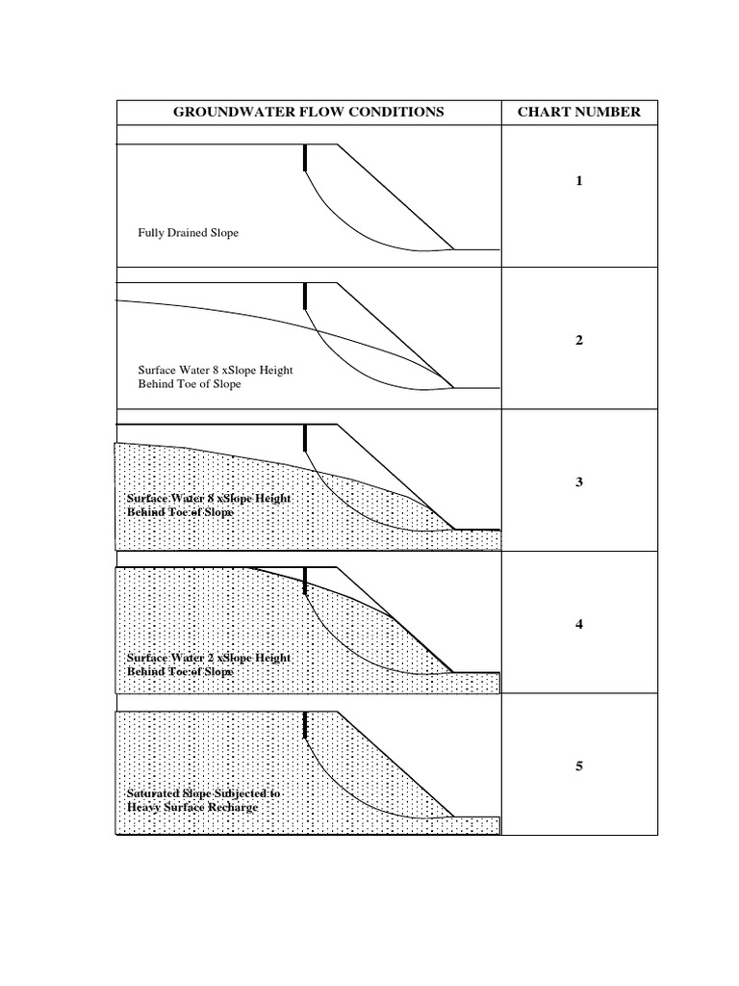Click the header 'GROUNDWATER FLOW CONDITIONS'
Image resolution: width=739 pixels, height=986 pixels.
[308, 112]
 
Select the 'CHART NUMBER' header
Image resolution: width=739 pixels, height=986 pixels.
[578, 112]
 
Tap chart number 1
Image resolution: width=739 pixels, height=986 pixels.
[579, 181]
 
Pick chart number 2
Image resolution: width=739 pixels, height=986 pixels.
[579, 340]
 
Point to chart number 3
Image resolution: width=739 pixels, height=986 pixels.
[579, 482]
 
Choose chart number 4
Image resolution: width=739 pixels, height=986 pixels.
[579, 624]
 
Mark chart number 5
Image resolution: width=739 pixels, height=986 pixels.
[579, 766]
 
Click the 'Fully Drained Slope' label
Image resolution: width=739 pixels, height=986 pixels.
[188, 233]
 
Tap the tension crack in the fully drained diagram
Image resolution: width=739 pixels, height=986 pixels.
[305, 158]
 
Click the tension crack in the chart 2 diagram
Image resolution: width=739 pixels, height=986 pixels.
[305, 296]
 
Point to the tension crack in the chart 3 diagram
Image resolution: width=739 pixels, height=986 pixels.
[305, 437]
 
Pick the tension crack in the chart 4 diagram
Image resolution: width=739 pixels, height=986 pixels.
[305, 581]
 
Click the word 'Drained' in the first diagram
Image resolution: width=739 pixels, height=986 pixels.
[185, 233]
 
